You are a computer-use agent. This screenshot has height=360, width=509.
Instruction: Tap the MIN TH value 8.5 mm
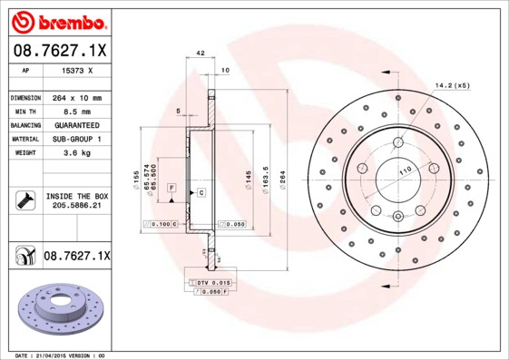[75, 112]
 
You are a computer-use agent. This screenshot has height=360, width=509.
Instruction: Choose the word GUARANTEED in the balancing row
[75, 125]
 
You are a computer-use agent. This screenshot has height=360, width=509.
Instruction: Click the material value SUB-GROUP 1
[75, 139]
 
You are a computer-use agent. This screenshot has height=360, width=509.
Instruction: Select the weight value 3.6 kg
[75, 153]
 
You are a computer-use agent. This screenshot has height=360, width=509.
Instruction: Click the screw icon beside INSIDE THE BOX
[24, 200]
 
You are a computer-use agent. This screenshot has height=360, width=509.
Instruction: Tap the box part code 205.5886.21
[76, 207]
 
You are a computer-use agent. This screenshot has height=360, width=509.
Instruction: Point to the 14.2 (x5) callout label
[454, 87]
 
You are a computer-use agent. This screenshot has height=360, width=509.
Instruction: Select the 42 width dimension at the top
[201, 55]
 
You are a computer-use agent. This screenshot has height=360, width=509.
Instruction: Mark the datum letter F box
[171, 186]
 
